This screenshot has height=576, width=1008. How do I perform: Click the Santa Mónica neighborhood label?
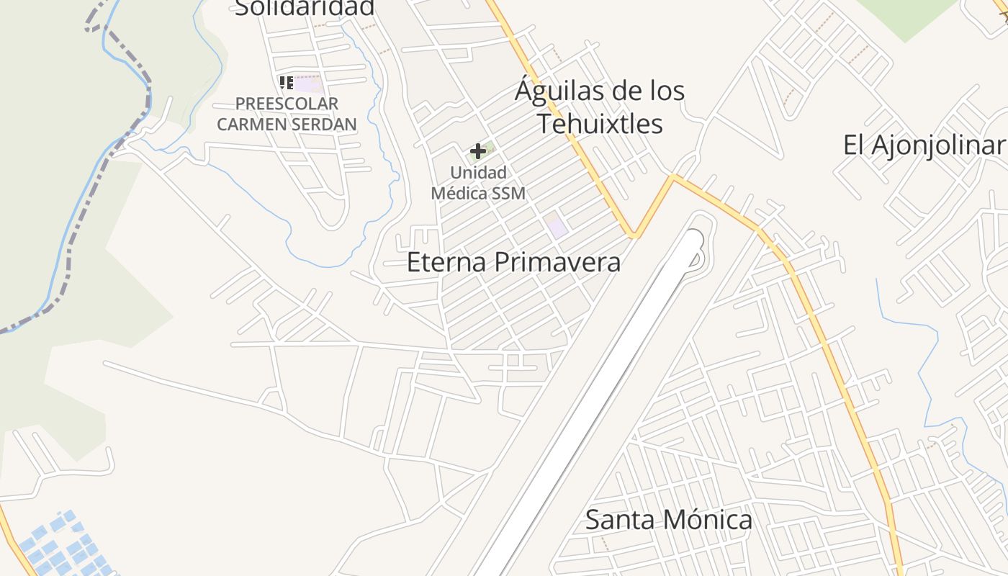(668, 519)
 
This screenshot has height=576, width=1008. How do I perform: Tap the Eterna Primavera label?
(513, 261)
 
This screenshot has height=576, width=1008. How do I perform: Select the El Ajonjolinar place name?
(924, 145)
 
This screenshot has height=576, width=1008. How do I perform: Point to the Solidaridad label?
(305, 7)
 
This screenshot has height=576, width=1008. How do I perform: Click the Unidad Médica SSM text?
(478, 183)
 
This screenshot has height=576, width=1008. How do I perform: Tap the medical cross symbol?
(477, 151)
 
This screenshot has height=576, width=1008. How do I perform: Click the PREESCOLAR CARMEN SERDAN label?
(287, 114)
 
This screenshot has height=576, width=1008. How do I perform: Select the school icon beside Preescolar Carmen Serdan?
(286, 83)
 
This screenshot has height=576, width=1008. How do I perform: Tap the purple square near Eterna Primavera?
(555, 226)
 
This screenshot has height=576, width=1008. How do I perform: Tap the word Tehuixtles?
(600, 123)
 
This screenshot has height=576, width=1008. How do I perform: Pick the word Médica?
(458, 193)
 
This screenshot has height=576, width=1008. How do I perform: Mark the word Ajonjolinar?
(936, 145)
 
